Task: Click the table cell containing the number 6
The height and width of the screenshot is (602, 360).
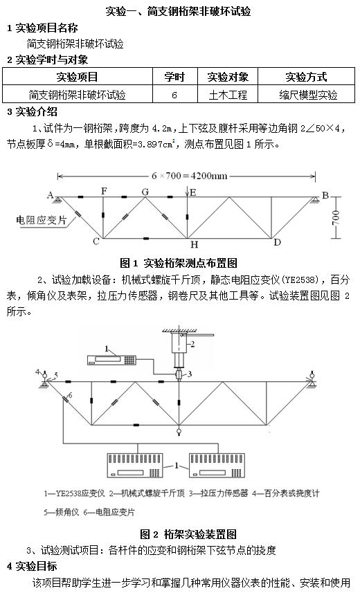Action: tap(175, 94)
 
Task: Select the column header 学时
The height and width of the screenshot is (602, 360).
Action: tap(175, 77)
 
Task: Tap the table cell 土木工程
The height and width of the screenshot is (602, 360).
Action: tap(228, 94)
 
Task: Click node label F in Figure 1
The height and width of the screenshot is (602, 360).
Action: tap(104, 191)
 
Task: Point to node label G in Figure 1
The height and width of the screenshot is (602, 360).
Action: tap(145, 192)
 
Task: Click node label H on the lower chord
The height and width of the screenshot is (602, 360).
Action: tap(195, 244)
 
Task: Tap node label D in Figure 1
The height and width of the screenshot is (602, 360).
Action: tap(277, 242)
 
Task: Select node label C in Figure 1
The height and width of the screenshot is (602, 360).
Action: tap(96, 241)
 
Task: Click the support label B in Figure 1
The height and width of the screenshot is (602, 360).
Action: tap(325, 195)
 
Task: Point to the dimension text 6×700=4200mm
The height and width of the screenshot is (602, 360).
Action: tap(190, 176)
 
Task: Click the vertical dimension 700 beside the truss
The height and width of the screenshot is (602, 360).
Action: tap(336, 218)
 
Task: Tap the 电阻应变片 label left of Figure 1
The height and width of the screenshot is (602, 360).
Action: tap(42, 220)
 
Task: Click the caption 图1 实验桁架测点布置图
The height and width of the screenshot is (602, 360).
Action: tap(179, 263)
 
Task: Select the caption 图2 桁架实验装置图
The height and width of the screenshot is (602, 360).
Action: tap(188, 534)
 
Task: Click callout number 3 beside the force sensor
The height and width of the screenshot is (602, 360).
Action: tap(190, 374)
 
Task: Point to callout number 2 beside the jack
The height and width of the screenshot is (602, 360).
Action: tap(192, 344)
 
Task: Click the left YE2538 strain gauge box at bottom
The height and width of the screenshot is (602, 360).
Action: tap(134, 465)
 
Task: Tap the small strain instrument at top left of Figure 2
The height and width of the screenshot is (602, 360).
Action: tap(111, 360)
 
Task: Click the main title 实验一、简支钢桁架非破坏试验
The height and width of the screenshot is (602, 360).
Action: tap(179, 11)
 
